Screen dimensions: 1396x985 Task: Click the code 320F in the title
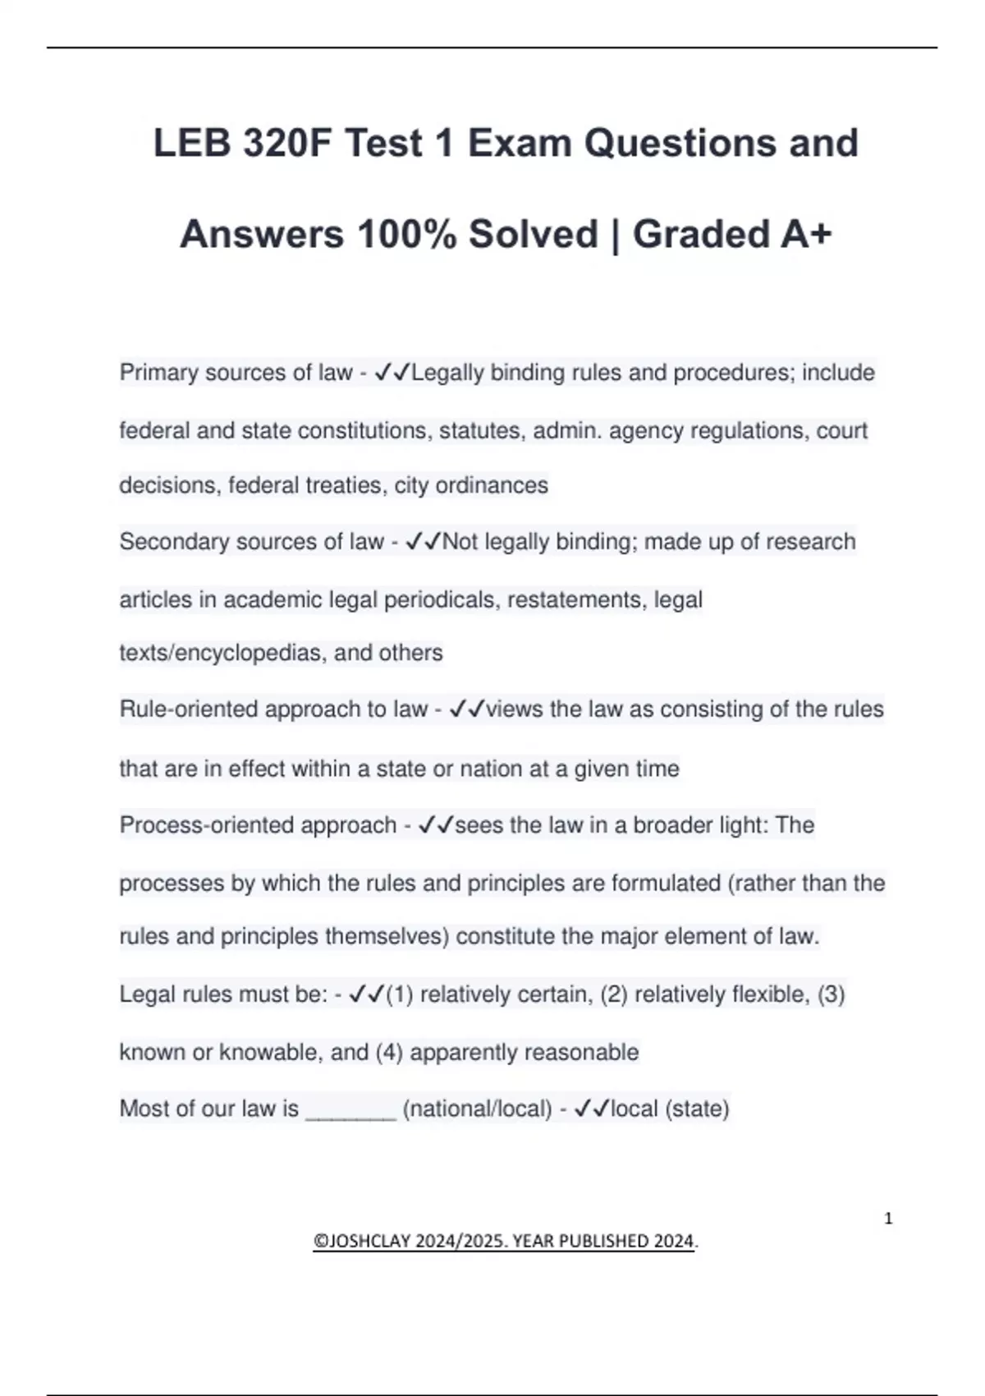[x=287, y=144]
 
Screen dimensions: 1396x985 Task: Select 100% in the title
[x=407, y=234]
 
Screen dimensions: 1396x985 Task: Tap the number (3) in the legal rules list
[x=831, y=994]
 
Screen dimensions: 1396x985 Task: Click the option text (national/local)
[x=477, y=1109]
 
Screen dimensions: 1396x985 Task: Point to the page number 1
[x=888, y=1219]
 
